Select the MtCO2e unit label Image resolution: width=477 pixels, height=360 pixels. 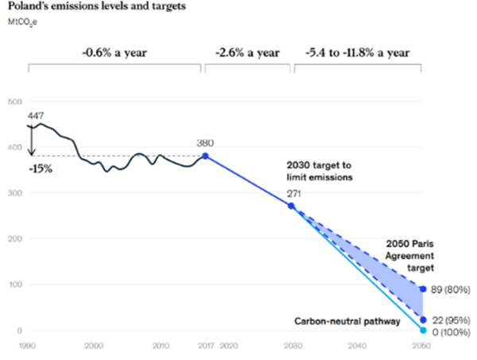click(x=24, y=21)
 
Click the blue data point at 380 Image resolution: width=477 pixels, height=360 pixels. click(x=205, y=157)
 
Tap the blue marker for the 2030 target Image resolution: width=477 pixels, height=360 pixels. click(x=291, y=207)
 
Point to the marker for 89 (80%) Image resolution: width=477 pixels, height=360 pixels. click(x=423, y=289)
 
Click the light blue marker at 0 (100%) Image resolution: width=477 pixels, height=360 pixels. click(x=423, y=331)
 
